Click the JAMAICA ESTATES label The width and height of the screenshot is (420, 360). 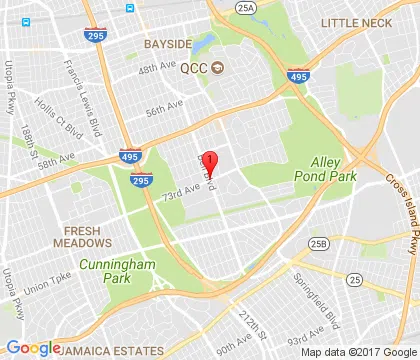[x=113, y=351]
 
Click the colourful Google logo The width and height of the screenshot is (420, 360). [x=33, y=347]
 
